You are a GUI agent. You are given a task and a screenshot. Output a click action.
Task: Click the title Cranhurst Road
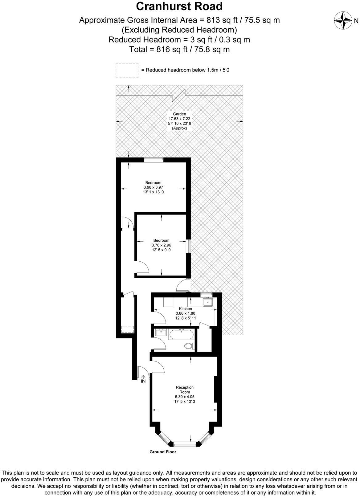[179, 6]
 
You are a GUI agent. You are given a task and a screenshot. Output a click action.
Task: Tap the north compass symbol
[343, 21]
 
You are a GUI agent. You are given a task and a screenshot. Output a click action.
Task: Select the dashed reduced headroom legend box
[127, 71]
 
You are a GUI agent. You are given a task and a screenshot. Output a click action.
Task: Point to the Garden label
[179, 114]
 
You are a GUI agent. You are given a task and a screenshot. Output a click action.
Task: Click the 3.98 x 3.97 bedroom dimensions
[153, 187]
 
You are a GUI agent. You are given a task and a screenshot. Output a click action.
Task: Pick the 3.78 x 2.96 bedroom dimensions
[162, 245]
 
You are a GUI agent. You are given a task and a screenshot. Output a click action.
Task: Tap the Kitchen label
[186, 308]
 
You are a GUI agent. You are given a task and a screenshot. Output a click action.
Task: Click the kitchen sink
[208, 302]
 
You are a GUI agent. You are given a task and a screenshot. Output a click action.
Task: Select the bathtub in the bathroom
[182, 335]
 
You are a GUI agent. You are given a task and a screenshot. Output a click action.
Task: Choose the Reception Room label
[185, 390]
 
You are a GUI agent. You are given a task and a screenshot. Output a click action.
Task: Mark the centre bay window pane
[185, 444]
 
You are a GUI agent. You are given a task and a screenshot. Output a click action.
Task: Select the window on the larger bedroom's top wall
[154, 160]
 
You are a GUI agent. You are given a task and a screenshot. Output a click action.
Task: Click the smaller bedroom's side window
[189, 246]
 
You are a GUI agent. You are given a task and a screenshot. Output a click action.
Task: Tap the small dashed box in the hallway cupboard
[127, 329]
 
